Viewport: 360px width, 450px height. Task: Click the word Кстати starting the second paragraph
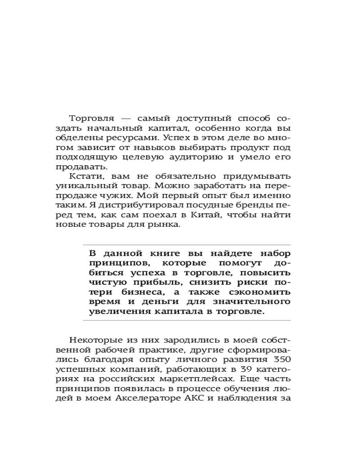point(84,176)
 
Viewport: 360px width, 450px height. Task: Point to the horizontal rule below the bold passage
point(187,320)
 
